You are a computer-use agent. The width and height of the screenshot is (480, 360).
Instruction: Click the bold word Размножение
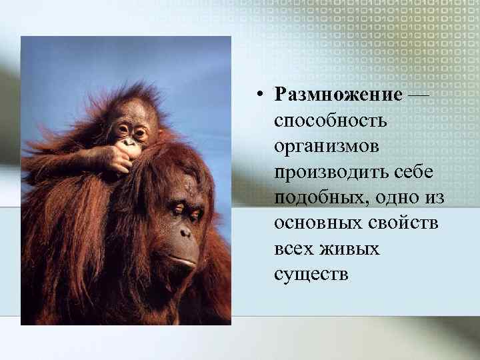click(338, 95)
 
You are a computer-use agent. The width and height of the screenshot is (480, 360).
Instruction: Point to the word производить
click(327, 172)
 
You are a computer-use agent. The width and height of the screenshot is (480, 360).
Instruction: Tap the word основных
click(311, 223)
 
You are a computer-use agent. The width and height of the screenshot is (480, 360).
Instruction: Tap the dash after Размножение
click(418, 95)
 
